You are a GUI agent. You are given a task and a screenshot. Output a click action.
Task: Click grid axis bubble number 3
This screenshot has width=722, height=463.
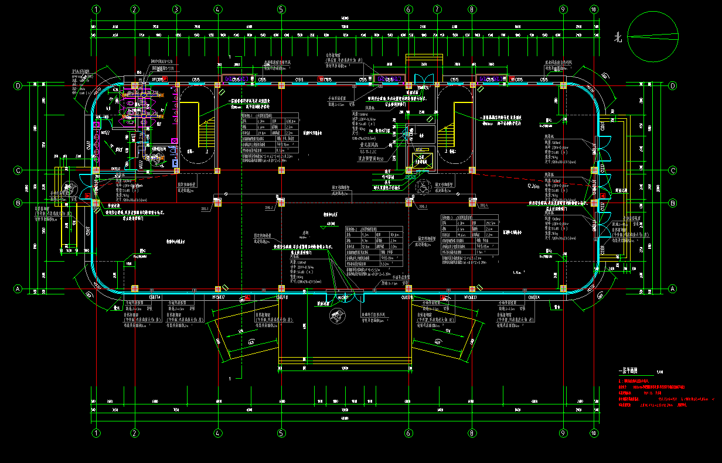coord(176,9)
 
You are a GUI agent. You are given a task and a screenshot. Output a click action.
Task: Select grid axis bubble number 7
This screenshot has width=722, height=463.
coord(437,9)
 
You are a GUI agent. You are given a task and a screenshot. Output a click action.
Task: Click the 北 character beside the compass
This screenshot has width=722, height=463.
coord(617,38)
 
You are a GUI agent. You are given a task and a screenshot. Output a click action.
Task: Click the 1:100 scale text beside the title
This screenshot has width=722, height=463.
coord(660,371)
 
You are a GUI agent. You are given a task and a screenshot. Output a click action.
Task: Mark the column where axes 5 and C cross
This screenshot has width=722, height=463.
coord(281,170)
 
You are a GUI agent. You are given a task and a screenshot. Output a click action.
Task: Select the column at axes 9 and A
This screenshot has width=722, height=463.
coord(563,289)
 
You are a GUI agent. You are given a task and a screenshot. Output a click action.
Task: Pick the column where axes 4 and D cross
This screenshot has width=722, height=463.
coord(218,85)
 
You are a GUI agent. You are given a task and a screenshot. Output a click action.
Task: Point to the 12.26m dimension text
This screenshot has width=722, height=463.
coord(533,186)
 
